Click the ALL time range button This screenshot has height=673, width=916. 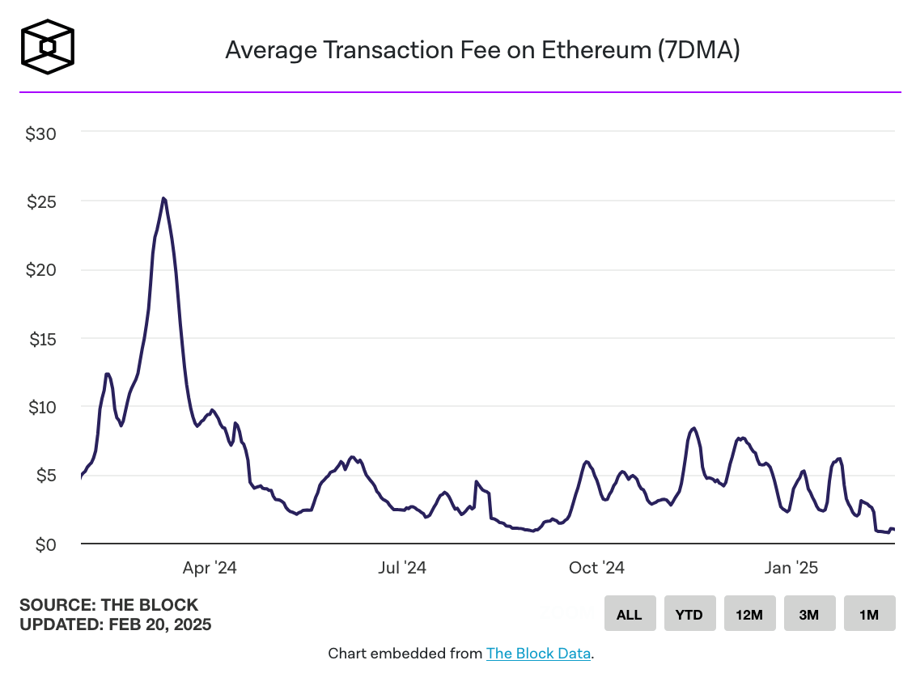(629, 614)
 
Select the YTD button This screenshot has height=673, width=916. (689, 614)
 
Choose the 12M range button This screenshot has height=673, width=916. (748, 614)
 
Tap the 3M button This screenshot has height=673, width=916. (808, 614)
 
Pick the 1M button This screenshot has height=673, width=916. (868, 614)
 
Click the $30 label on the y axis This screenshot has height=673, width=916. (40, 134)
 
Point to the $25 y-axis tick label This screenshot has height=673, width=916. (40, 202)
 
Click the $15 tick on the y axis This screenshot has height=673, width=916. (40, 340)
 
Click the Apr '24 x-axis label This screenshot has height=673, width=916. (209, 568)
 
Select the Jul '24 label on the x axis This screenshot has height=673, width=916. (401, 568)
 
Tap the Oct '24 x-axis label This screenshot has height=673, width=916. (596, 568)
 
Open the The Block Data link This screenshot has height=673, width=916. (538, 653)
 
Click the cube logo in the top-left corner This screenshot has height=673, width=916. (48, 47)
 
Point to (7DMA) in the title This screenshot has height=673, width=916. (699, 50)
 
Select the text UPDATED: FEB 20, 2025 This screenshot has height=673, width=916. (115, 624)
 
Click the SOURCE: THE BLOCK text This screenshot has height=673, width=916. (108, 605)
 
